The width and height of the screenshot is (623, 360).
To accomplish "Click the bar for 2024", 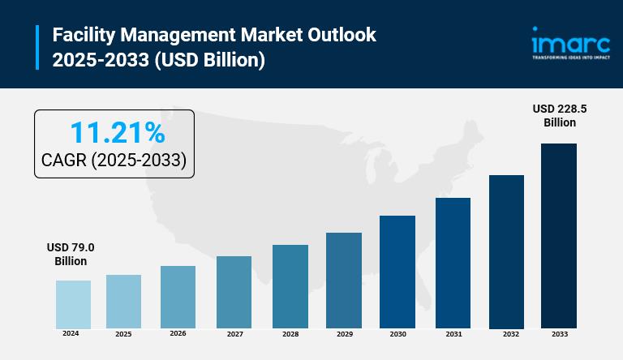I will (73, 304).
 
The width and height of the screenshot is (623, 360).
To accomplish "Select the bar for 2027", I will (234, 292).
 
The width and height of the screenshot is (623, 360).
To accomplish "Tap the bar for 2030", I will (397, 272).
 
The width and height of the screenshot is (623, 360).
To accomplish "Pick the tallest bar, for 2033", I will (559, 235).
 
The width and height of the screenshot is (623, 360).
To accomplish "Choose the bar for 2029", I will (344, 280).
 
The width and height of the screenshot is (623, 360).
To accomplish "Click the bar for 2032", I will (506, 251).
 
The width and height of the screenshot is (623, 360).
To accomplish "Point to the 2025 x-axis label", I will (123, 334).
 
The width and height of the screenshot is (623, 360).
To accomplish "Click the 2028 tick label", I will (290, 333).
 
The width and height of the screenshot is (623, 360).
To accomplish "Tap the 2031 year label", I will (453, 333).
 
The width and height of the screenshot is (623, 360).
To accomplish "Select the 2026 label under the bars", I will (178, 333).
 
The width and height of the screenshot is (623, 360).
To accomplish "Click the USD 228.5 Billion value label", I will (560, 116).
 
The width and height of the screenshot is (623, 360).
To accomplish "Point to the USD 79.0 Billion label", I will (71, 255).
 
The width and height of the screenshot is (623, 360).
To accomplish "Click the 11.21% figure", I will (117, 132).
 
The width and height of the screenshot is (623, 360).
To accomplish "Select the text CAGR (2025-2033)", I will (114, 161).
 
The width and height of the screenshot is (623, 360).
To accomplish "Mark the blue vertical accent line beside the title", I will (37, 47).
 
